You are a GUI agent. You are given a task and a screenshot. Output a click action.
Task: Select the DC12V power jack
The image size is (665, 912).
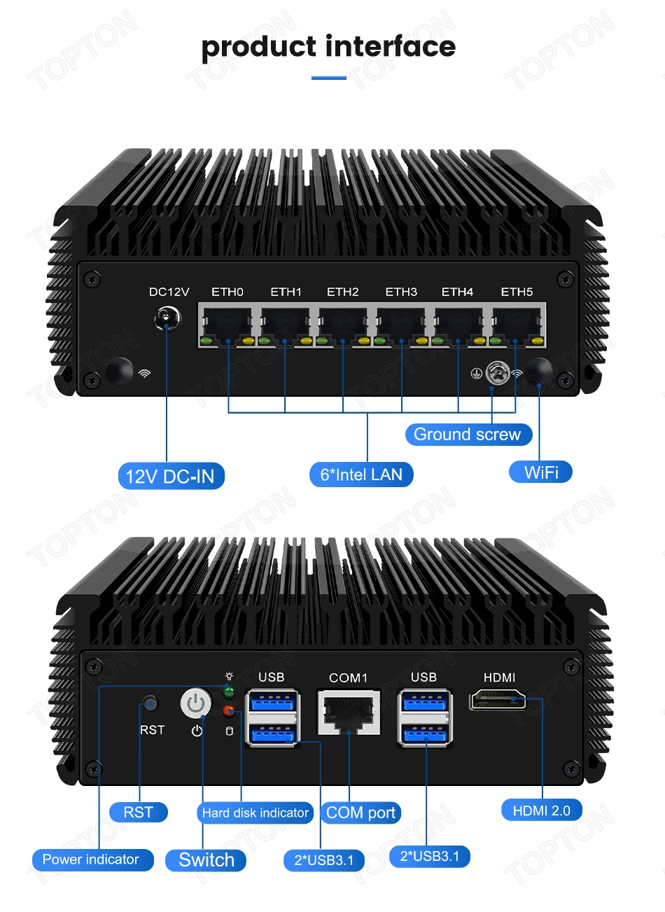click(x=167, y=319)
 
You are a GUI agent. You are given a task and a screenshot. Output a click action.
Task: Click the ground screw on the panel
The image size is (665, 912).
click(x=496, y=372)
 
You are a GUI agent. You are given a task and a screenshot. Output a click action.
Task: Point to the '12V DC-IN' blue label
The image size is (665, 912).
click(x=170, y=477)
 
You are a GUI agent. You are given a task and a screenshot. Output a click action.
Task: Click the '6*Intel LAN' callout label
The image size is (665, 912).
click(x=361, y=475)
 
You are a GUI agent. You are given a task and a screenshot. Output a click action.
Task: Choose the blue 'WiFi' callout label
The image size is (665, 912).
click(x=541, y=472)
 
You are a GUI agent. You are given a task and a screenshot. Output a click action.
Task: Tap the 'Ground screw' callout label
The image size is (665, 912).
click(x=468, y=434)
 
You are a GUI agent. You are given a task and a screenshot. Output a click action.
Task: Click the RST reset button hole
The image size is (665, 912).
click(x=149, y=704)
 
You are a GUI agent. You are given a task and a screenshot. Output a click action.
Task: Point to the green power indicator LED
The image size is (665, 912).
click(x=228, y=693)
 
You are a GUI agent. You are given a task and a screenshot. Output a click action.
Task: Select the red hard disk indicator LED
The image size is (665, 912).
click(x=228, y=712)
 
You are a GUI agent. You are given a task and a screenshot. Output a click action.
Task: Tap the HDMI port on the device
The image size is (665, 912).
click(x=498, y=699)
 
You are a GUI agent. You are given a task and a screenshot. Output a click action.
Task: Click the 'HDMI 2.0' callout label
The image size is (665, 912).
click(x=542, y=811)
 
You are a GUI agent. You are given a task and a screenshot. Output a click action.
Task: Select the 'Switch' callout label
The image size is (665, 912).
click(x=206, y=860)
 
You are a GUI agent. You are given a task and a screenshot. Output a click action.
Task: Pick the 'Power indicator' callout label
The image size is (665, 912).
click(x=91, y=860)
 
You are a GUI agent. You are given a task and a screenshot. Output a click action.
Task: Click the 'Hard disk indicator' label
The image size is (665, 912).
click(x=255, y=813)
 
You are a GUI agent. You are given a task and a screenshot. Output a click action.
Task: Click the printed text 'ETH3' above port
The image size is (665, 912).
click(x=401, y=292)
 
